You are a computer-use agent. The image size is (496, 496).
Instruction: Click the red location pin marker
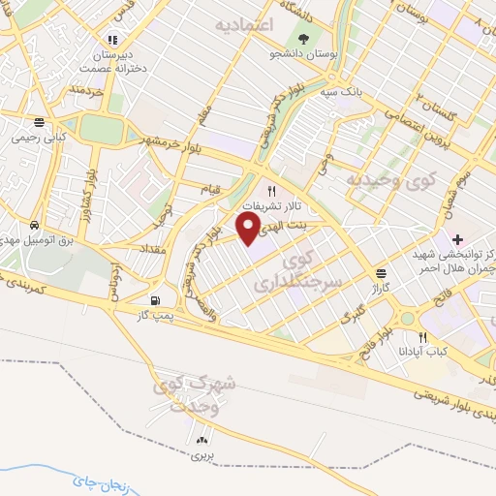point(250,229)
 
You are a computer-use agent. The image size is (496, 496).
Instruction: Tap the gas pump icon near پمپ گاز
point(157,299)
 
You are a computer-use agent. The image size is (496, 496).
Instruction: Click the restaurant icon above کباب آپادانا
point(422,336)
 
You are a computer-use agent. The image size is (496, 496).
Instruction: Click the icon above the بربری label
point(202,441)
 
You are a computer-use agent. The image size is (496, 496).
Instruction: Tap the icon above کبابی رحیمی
point(38,123)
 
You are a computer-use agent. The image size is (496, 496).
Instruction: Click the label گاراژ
point(378,289)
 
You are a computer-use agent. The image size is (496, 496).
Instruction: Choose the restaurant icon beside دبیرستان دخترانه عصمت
point(112,40)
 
